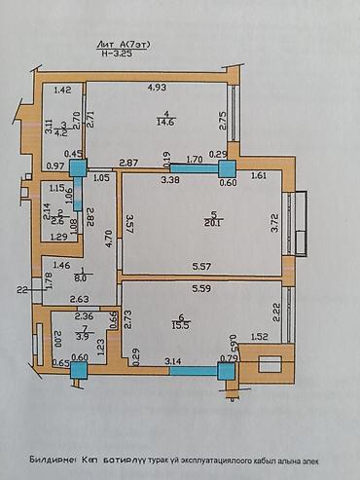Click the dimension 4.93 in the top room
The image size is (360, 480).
point(157,89)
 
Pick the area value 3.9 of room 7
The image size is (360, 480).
point(82,336)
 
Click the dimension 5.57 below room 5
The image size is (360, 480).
point(201,265)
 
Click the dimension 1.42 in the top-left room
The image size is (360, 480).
point(63,91)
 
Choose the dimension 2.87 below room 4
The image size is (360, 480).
point(126,162)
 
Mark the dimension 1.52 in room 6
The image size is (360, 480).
point(260,338)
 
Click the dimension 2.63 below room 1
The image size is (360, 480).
point(80,299)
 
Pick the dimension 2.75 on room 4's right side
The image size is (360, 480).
point(223,121)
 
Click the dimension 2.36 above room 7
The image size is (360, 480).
point(85,314)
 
